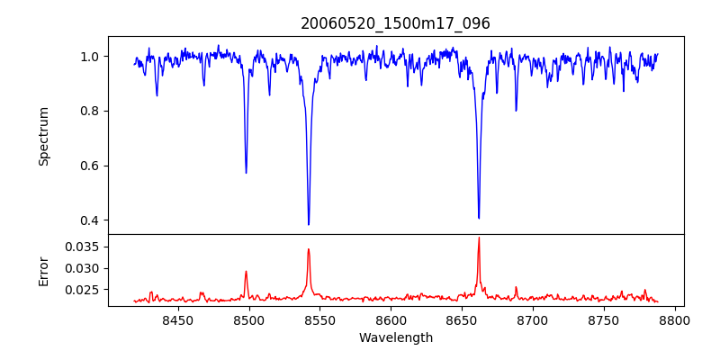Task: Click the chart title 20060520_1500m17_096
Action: click(395, 23)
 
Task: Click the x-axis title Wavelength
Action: click(395, 338)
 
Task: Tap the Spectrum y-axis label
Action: click(43, 136)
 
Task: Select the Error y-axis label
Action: click(43, 271)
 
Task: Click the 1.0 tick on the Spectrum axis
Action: click(90, 57)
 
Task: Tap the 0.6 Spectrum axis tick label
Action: click(90, 166)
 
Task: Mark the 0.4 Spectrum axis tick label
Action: click(90, 220)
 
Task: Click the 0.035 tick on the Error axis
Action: click(84, 247)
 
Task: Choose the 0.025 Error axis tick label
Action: click(84, 290)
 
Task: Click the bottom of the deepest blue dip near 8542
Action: click(309, 224)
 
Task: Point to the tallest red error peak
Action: click(479, 238)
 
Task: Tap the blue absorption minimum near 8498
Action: click(246, 173)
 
